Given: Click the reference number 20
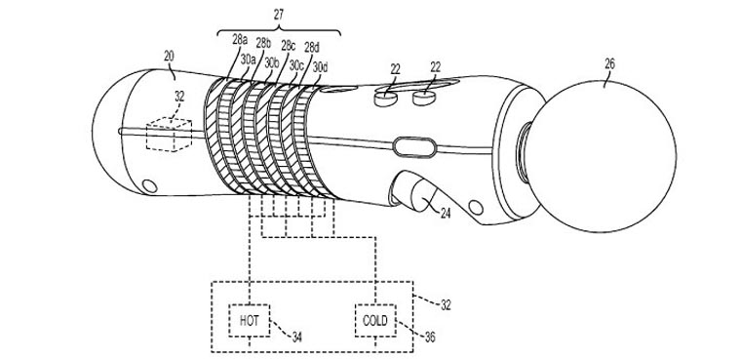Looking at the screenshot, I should pos(169,57).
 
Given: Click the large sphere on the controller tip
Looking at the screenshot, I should pos(608,156).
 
